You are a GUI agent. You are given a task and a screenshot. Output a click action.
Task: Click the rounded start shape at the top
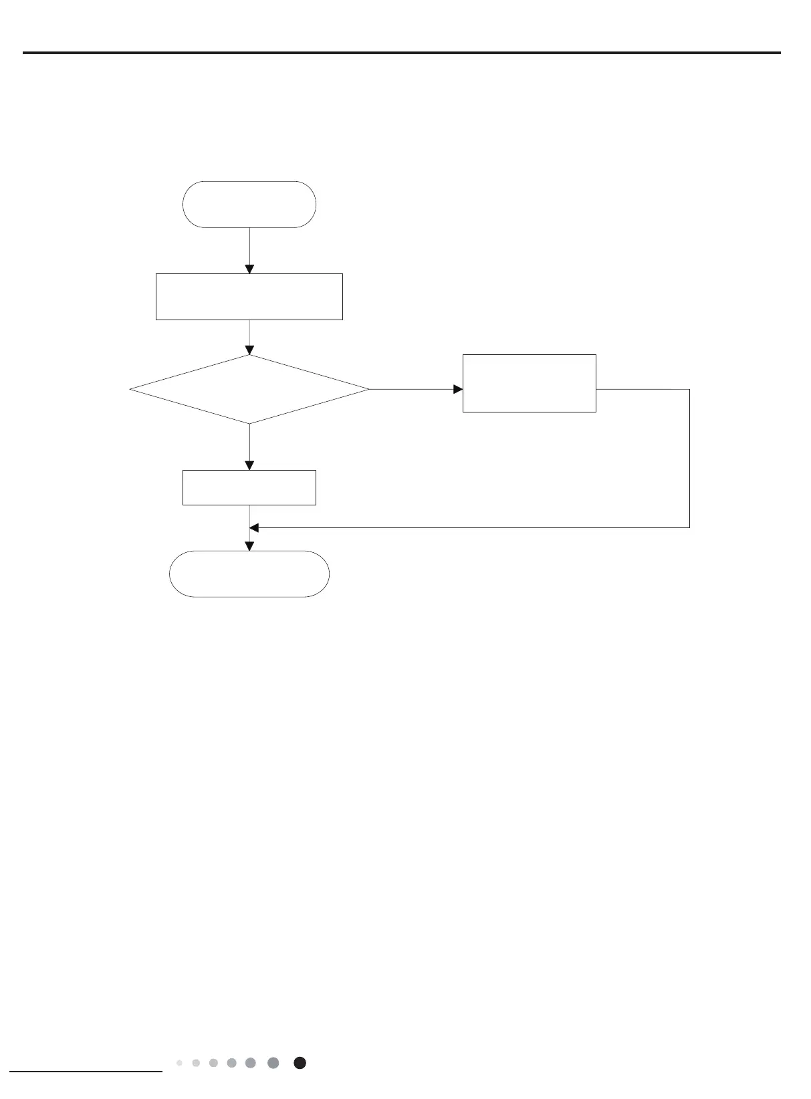coord(249,205)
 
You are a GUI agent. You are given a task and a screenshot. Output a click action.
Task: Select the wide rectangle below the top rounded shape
coord(249,296)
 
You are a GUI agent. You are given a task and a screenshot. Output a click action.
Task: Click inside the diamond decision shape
coord(249,389)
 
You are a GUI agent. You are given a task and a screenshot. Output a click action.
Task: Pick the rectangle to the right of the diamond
coord(529,383)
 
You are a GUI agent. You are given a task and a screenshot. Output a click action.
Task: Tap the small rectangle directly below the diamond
coord(249,487)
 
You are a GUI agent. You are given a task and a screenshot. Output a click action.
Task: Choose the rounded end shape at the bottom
coord(249,574)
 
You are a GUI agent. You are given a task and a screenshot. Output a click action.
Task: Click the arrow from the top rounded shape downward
coord(249,251)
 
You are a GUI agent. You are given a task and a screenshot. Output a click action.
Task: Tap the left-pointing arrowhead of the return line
coord(254,528)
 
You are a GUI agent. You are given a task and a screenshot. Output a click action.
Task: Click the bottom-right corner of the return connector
coord(689,527)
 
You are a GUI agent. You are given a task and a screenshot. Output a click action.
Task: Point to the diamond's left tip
coord(130,389)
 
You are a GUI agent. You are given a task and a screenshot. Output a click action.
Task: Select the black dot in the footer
coord(300,1063)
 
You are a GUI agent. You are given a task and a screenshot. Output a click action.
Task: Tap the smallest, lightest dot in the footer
coord(179,1063)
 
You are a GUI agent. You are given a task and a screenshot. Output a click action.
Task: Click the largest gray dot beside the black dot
coord(273,1063)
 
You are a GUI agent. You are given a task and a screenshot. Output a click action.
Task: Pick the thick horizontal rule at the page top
coord(401,53)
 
